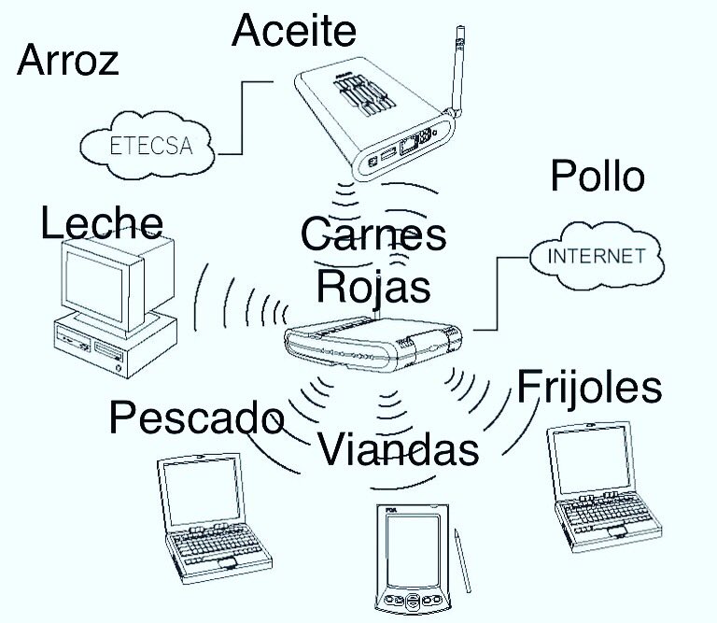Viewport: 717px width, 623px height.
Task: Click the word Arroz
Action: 68,62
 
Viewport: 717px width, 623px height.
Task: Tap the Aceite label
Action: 294,31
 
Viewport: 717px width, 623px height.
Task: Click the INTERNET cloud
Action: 595,255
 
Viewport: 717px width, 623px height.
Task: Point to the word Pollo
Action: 597,176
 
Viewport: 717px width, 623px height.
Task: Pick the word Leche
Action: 102,224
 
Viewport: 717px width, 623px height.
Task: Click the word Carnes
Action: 373,235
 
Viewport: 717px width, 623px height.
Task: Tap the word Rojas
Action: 373,286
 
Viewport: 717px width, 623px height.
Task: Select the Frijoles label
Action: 589,386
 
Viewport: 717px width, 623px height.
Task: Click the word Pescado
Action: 196,418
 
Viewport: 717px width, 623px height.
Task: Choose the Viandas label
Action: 399,449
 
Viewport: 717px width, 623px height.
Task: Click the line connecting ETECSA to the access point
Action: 242,117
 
